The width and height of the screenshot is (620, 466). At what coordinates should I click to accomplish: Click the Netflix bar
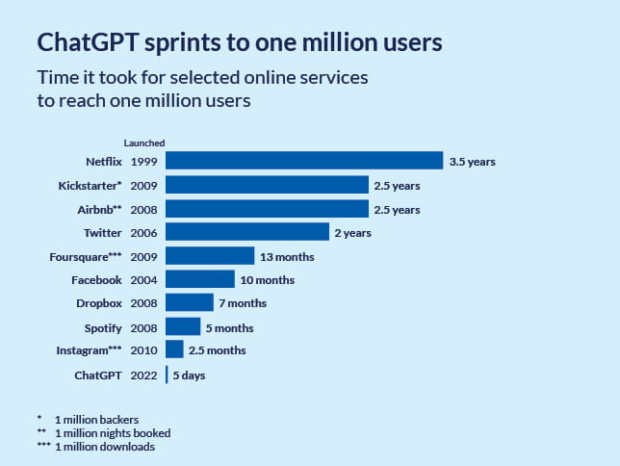tap(303, 161)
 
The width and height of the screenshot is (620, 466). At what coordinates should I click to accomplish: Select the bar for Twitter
tap(247, 232)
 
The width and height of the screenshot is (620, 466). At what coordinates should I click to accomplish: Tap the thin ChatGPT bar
tap(167, 375)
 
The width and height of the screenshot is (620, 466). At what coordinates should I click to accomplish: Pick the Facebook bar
tap(200, 279)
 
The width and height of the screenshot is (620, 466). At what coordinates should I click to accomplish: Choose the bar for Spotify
tap(183, 327)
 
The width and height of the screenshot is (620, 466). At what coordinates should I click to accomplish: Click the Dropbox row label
tap(99, 303)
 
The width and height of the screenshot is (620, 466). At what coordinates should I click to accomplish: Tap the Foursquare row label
tap(86, 256)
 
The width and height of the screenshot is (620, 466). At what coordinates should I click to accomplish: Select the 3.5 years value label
tap(472, 162)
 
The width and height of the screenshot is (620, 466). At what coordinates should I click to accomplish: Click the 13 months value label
tap(287, 256)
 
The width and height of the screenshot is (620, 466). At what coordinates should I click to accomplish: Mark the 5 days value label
tap(189, 375)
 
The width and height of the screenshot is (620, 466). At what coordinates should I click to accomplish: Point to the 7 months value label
tap(243, 303)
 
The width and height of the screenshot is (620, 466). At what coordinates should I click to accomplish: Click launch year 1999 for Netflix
tap(143, 161)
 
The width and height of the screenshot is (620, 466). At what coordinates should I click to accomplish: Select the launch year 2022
tap(143, 375)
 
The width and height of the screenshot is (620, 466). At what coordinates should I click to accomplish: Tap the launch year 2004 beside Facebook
tap(143, 279)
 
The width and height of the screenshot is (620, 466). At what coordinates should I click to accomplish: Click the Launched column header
tap(143, 143)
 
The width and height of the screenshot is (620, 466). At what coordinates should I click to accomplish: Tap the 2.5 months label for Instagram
tap(217, 350)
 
